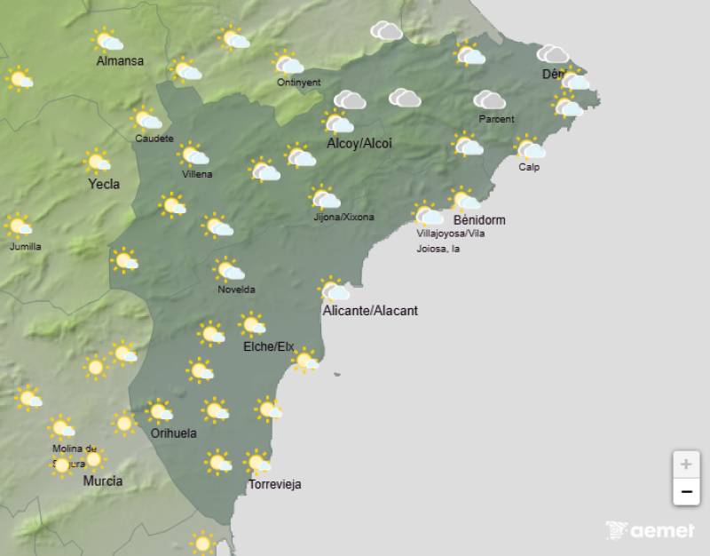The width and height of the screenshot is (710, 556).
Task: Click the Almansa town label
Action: (x=121, y=61)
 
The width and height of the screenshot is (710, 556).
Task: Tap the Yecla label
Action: (x=104, y=185)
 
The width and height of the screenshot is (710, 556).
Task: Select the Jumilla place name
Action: (x=25, y=246)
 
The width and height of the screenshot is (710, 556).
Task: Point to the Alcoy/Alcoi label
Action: (x=359, y=143)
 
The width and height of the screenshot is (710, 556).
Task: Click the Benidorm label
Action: (x=479, y=219)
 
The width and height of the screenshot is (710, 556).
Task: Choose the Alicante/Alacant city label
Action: (x=370, y=311)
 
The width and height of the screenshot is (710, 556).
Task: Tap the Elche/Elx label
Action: (x=268, y=346)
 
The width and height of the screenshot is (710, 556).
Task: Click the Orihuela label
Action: (x=173, y=433)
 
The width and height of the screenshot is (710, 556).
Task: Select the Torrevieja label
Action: (x=275, y=484)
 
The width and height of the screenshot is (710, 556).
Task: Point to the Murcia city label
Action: (x=103, y=481)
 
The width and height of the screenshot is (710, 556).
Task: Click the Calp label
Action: (x=529, y=167)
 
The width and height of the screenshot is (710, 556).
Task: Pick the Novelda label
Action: (x=236, y=290)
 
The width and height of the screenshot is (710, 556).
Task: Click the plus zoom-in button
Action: (x=686, y=464)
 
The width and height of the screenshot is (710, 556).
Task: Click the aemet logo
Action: (x=651, y=530)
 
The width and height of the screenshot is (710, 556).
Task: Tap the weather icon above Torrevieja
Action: (x=258, y=463)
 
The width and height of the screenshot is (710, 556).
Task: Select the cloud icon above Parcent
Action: (x=489, y=99)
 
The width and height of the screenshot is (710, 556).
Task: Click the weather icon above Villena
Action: (x=194, y=155)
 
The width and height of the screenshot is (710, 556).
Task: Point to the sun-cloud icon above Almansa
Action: (x=107, y=40)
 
